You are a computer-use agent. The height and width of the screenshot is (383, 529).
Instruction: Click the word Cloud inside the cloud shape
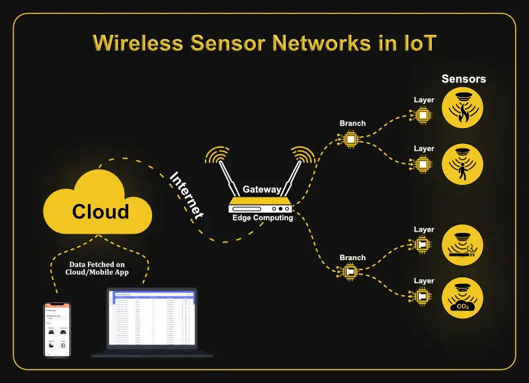(101, 211)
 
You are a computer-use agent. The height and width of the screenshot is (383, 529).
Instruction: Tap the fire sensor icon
(463, 108)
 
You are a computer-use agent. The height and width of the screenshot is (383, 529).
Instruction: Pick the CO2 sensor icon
(463, 297)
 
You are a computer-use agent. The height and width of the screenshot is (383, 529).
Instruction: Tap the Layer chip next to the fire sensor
(424, 115)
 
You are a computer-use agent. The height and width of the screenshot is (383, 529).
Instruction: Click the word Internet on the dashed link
(186, 195)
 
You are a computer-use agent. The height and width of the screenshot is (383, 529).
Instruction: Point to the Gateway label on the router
(262, 190)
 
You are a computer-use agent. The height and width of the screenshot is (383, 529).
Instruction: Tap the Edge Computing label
(263, 218)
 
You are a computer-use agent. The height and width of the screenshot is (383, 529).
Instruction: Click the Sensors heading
(464, 79)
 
